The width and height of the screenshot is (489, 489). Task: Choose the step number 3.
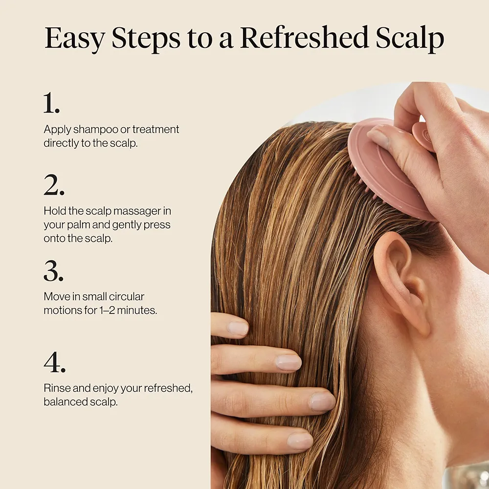pyautogui.click(x=53, y=271)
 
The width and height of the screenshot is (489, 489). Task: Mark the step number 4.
pyautogui.click(x=54, y=362)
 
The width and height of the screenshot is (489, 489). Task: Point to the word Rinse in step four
pyautogui.click(x=54, y=389)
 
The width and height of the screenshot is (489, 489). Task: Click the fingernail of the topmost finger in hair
pyautogui.click(x=238, y=328)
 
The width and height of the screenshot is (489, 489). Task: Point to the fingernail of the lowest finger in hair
pyautogui.click(x=299, y=441)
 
